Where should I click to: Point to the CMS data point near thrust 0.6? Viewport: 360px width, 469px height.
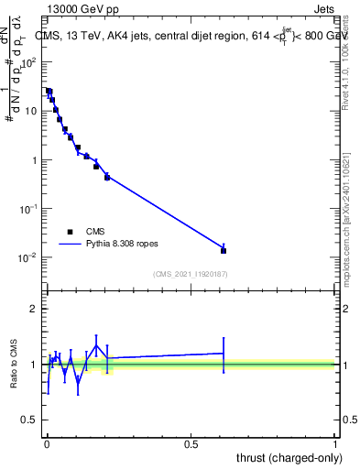click(x=224, y=250)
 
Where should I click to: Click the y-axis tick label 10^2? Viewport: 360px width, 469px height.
click(x=28, y=62)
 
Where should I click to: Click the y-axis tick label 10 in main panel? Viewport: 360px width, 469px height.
click(x=30, y=111)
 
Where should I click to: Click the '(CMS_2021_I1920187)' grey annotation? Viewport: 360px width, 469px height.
click(x=190, y=273)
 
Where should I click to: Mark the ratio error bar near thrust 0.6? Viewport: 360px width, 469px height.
click(x=224, y=353)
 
